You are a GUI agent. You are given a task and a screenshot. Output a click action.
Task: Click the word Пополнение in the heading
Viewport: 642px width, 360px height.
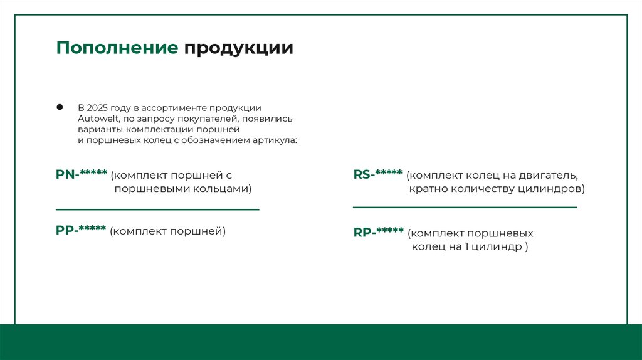117,49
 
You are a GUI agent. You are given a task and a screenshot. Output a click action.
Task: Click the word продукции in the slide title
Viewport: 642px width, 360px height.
238,49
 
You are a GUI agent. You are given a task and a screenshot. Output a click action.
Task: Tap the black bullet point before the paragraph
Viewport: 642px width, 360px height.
60,107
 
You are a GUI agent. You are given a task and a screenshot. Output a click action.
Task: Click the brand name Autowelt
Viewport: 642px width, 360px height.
94,119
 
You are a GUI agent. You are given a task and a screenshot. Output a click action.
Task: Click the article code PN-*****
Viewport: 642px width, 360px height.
82,174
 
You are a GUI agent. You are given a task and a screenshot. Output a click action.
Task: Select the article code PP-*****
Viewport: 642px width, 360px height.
81,230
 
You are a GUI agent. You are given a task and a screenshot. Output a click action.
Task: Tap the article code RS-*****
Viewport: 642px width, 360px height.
378,174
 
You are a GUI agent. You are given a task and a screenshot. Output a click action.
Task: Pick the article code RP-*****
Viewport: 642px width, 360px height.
379,232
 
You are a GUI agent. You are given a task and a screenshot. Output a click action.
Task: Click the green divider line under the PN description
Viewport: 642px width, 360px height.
157,209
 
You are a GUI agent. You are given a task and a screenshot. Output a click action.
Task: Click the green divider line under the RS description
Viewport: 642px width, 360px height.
465,207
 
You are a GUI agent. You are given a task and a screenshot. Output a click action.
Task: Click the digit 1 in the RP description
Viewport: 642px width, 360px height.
467,247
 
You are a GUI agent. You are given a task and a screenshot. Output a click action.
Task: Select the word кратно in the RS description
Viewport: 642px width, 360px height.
428,188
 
